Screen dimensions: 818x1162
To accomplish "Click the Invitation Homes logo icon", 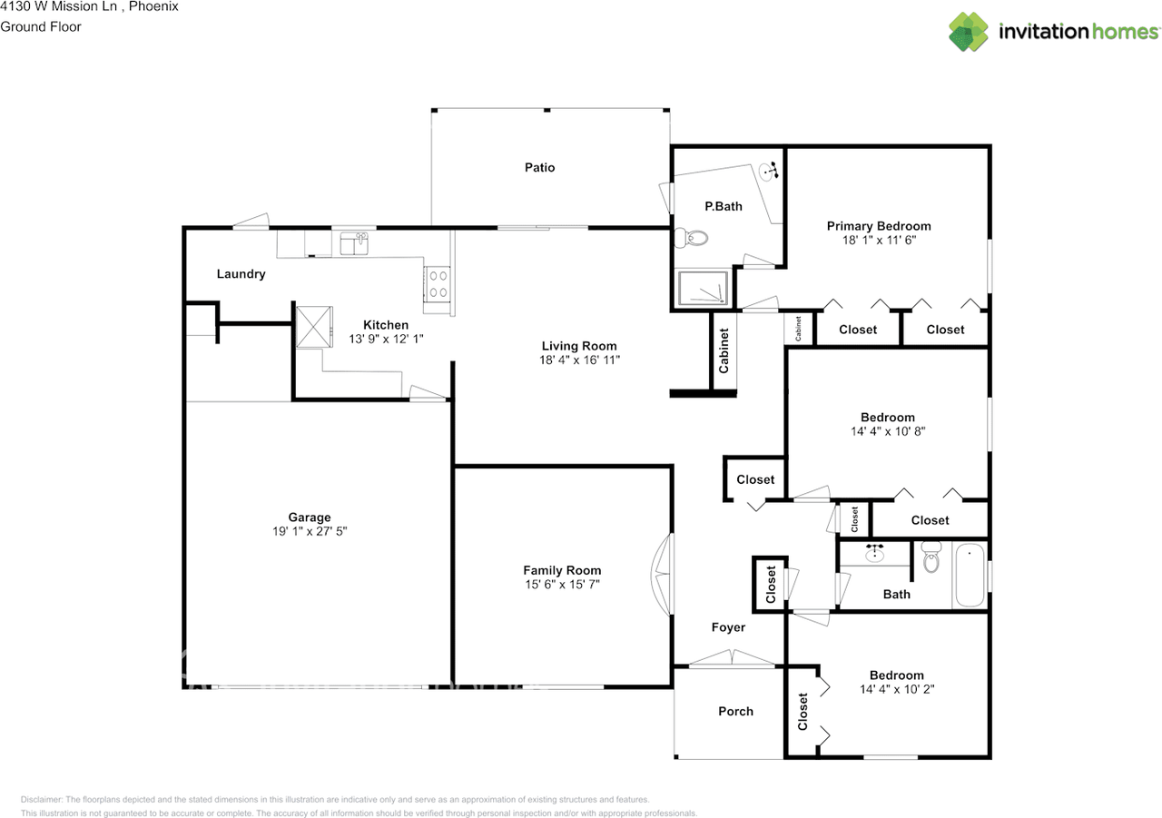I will pyautogui.click(x=969, y=32).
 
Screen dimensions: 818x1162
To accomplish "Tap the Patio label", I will pyautogui.click(x=539, y=167).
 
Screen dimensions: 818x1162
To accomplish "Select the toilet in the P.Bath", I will pyautogui.click(x=695, y=239).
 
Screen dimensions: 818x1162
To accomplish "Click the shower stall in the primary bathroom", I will pyautogui.click(x=704, y=289).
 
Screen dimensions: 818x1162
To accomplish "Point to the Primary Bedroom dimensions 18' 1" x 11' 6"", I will pyautogui.click(x=878, y=241).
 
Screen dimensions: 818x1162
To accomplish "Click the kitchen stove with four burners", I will pyautogui.click(x=438, y=284).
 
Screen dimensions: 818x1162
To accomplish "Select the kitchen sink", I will pyautogui.click(x=353, y=243).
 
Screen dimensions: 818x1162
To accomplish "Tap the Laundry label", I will pyautogui.click(x=241, y=273).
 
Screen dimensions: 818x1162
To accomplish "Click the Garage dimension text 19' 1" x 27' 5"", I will pyautogui.click(x=310, y=533).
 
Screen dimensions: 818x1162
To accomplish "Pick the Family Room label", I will pyautogui.click(x=562, y=570).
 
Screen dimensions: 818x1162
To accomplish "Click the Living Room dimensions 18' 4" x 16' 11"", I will pyautogui.click(x=579, y=360).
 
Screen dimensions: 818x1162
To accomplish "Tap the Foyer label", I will pyautogui.click(x=728, y=627).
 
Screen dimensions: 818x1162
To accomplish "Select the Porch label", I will pyautogui.click(x=735, y=711).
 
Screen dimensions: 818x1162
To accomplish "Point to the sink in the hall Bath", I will pyautogui.click(x=876, y=553).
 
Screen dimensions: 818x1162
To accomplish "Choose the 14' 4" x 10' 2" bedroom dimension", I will pyautogui.click(x=896, y=689).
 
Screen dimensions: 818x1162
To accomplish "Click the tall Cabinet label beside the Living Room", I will pyautogui.click(x=724, y=351).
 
